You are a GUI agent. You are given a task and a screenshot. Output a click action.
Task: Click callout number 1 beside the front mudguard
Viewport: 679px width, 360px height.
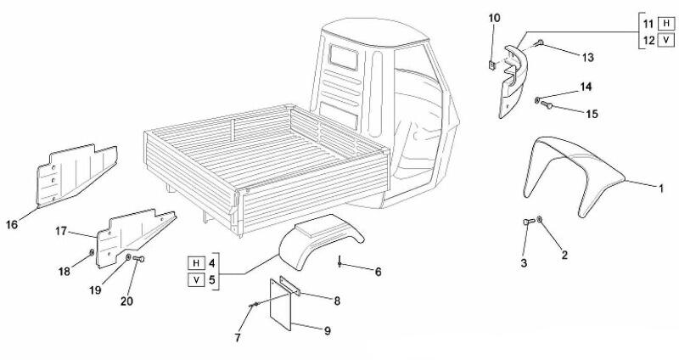[x=663, y=187]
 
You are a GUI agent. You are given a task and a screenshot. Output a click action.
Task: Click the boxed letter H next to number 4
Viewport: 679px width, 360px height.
[x=197, y=261]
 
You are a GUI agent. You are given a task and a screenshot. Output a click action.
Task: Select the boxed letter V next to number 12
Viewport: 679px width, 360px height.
[x=665, y=40]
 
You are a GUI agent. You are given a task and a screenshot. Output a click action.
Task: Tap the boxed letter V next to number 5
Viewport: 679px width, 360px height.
[x=197, y=278]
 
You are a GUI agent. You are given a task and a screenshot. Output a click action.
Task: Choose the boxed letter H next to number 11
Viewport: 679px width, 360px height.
[x=665, y=23]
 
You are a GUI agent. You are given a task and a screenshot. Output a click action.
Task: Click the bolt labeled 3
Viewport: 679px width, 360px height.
[x=527, y=222]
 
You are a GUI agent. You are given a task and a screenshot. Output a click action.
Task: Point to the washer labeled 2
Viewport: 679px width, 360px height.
[x=542, y=223]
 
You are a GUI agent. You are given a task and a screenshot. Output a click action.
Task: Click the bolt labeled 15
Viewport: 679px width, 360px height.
[x=548, y=105]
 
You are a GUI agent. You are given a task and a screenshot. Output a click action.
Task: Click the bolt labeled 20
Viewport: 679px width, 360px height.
[x=140, y=257]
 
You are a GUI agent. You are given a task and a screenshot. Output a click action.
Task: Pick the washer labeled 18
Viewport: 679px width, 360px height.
[x=93, y=252]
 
